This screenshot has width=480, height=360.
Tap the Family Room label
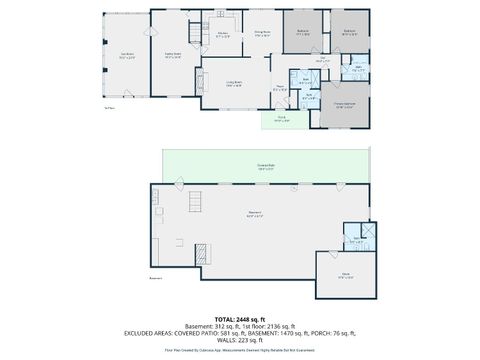(x=172, y=56)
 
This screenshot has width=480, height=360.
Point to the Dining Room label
(x=261, y=34)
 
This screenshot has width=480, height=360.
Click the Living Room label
(x=234, y=85)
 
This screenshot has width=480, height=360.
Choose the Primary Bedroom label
(x=343, y=106)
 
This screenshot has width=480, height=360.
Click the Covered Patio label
(x=266, y=167)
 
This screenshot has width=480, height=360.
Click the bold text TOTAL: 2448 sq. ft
(x=239, y=318)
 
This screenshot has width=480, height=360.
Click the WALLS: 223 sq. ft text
(x=239, y=341)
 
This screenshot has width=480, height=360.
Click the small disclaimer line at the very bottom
(x=239, y=351)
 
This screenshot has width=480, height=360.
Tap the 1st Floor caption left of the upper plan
(x=108, y=107)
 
